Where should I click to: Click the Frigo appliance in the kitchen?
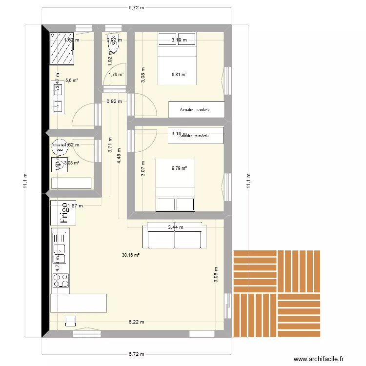tap(62, 213)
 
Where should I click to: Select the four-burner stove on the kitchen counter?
tap(61, 280)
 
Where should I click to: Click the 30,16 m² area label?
tap(131, 255)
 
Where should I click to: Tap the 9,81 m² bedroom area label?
tap(179, 75)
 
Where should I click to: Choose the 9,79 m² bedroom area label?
tap(179, 169)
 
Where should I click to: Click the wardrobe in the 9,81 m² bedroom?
tap(196, 109)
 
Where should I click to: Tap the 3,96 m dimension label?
tap(215, 276)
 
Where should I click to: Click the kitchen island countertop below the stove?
tap(78, 302)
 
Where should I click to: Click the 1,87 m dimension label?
tap(75, 206)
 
